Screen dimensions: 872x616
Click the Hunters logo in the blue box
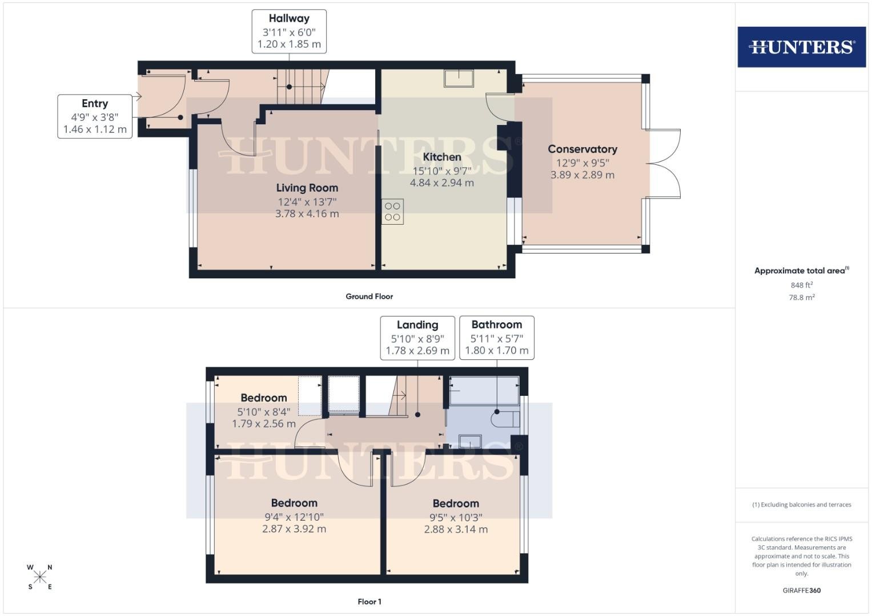coord(802,47)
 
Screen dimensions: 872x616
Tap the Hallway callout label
coord(289,31)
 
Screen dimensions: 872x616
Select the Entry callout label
coord(95,116)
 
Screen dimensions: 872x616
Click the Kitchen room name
coord(442,157)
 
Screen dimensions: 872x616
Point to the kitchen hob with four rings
coord(392,212)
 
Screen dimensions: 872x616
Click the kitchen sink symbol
coord(459,78)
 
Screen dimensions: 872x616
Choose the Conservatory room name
coord(582,149)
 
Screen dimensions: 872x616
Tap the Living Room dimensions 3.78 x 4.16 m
coord(307,213)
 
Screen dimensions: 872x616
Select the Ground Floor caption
coord(369,297)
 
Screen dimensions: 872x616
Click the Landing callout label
coord(417,338)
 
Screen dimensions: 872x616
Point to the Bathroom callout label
coord(497,338)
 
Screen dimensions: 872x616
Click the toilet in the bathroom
coord(505,419)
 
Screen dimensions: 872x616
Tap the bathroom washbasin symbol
coord(470,441)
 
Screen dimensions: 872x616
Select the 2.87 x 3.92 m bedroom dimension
coord(294,529)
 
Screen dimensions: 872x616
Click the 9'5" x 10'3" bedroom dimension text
coord(456,518)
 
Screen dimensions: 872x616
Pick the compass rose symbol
coord(40,577)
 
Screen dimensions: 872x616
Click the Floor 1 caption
coord(369,602)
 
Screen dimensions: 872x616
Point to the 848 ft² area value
coord(802,285)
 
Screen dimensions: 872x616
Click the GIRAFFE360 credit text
coord(802,590)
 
